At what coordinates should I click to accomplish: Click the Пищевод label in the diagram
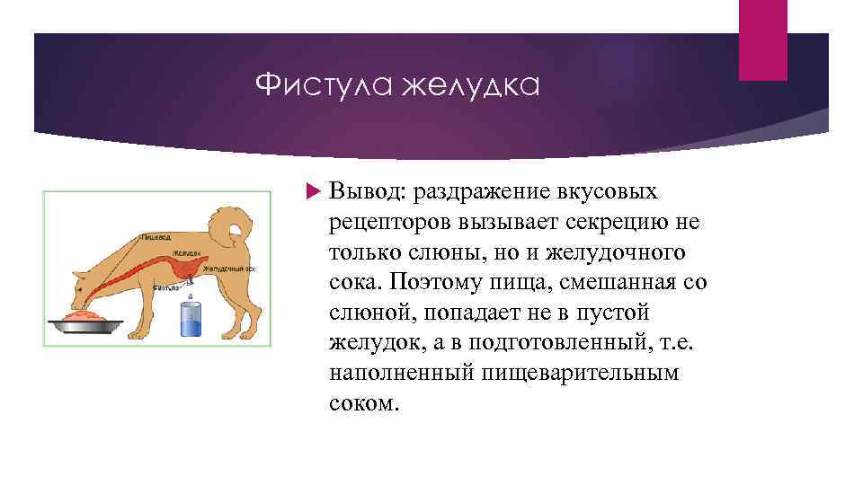tap(156, 238)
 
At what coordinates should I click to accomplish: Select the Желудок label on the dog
tap(187, 255)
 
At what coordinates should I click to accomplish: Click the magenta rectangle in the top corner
tap(762, 40)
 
